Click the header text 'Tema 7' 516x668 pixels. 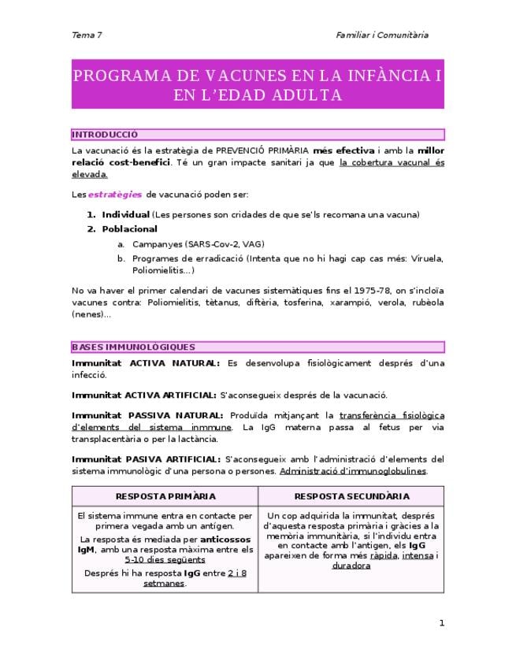[x=87, y=35]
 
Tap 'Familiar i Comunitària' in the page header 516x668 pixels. [x=382, y=35]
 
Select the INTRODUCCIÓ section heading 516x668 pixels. [x=105, y=135]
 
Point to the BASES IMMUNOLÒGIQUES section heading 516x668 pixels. [x=133, y=347]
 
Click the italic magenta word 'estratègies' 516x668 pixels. [x=115, y=194]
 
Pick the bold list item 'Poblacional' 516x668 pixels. [x=129, y=229]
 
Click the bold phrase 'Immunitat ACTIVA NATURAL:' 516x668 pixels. [x=145, y=363]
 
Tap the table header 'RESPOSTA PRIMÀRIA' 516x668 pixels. [x=165, y=496]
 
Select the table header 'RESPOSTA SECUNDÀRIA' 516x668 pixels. [x=351, y=496]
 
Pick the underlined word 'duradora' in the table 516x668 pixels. [x=351, y=566]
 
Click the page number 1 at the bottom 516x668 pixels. [x=442, y=623]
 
